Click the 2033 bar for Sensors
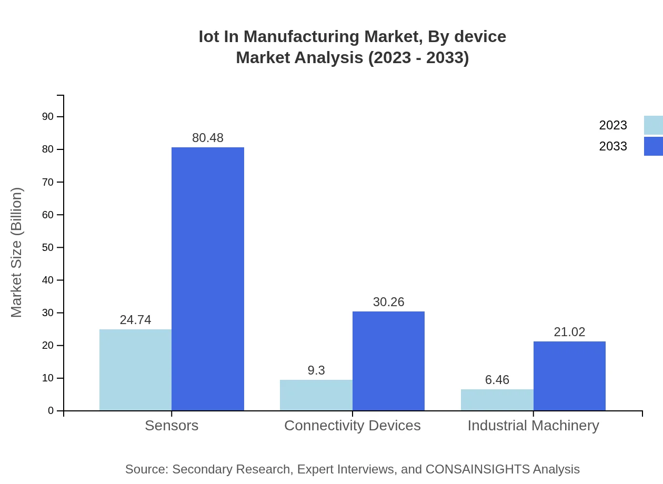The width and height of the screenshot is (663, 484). tap(208, 279)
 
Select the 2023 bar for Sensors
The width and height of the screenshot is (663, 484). tap(135, 370)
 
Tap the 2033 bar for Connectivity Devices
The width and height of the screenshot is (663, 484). tap(388, 361)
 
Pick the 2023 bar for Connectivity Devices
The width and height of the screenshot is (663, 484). tap(316, 395)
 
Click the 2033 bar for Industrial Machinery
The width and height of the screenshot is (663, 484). tap(569, 376)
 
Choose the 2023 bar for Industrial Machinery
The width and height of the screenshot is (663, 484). tap(497, 400)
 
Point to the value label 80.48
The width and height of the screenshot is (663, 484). tap(208, 138)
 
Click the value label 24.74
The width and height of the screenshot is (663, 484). tap(135, 320)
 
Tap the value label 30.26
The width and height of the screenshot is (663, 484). tap(388, 302)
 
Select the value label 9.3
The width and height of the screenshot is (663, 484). tap(316, 370)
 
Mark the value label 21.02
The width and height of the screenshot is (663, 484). tap(569, 332)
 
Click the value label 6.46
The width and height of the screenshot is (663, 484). tap(497, 380)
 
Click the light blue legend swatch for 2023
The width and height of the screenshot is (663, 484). tap(653, 125)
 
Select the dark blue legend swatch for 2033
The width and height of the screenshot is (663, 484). tap(653, 146)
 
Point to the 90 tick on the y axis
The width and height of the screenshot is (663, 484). tap(48, 117)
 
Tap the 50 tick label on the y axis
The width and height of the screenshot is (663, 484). tap(48, 247)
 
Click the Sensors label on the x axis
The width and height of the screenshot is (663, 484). tap(172, 425)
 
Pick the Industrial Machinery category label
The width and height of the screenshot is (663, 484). tap(533, 425)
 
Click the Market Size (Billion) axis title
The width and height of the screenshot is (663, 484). tap(17, 253)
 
